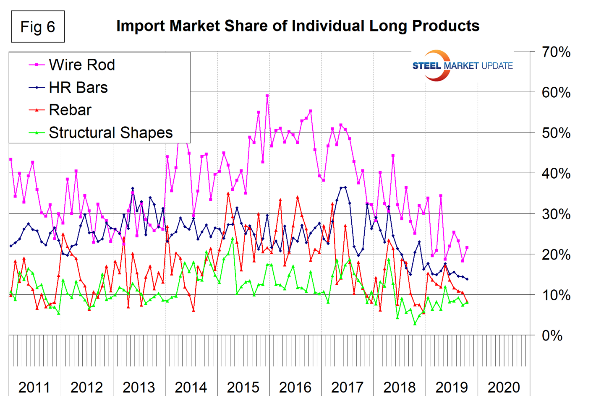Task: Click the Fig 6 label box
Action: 38,27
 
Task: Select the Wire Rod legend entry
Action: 81,65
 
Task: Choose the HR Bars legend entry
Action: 78,87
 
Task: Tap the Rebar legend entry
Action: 70,110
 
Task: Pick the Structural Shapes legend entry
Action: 110,133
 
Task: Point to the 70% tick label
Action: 556,52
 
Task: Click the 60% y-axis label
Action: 556,92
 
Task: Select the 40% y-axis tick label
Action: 556,173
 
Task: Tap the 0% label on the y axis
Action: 552,335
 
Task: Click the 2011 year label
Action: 34,387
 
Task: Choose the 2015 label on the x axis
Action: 243,387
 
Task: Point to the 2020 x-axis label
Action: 504,387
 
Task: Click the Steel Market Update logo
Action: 462,66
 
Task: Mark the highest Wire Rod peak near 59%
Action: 267,96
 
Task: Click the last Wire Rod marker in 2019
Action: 467,248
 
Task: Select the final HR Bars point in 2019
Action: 467,279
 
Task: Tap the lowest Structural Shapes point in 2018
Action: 415,324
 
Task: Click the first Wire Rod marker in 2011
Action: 11,159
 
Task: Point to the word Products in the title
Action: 446,26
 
